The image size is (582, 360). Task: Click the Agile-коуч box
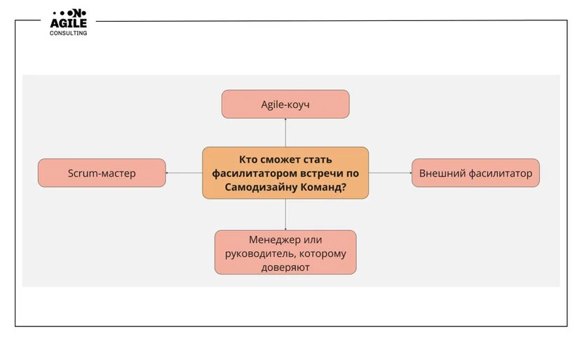tap(285, 104)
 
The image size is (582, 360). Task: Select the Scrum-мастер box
tap(102, 173)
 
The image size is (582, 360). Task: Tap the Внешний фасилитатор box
tap(475, 173)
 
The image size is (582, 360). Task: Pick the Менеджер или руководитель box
tap(285, 252)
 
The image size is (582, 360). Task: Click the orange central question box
tap(285, 173)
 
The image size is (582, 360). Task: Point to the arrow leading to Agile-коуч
tap(285, 133)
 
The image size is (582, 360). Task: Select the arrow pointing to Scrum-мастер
tap(184, 173)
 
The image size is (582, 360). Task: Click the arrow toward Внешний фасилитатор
tap(390, 173)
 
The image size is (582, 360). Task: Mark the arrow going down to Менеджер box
tap(285, 214)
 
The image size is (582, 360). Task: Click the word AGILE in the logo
tap(68, 23)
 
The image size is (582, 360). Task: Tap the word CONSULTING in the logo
tap(68, 33)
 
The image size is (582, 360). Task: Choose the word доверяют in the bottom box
tap(285, 267)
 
